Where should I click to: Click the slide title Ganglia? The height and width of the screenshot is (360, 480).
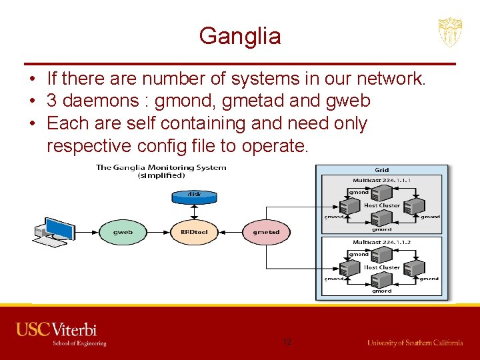click(240, 35)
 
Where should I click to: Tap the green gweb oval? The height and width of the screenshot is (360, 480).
click(123, 232)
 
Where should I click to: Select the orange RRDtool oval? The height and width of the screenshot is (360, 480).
click(195, 232)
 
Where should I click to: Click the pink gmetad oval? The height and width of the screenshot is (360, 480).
click(266, 232)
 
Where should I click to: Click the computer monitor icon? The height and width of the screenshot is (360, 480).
click(58, 229)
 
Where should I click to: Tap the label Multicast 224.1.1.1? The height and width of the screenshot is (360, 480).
click(381, 180)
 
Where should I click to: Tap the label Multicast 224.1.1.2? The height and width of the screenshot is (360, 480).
click(381, 243)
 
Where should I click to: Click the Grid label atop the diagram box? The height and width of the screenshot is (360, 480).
click(382, 170)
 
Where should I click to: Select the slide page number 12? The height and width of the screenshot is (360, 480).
click(287, 342)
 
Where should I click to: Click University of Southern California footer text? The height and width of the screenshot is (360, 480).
click(415, 343)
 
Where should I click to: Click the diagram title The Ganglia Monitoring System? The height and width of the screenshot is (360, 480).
click(161, 168)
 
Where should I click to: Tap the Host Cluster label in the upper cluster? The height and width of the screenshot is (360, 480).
click(382, 205)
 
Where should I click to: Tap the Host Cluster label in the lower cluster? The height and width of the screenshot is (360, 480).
click(382, 267)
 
